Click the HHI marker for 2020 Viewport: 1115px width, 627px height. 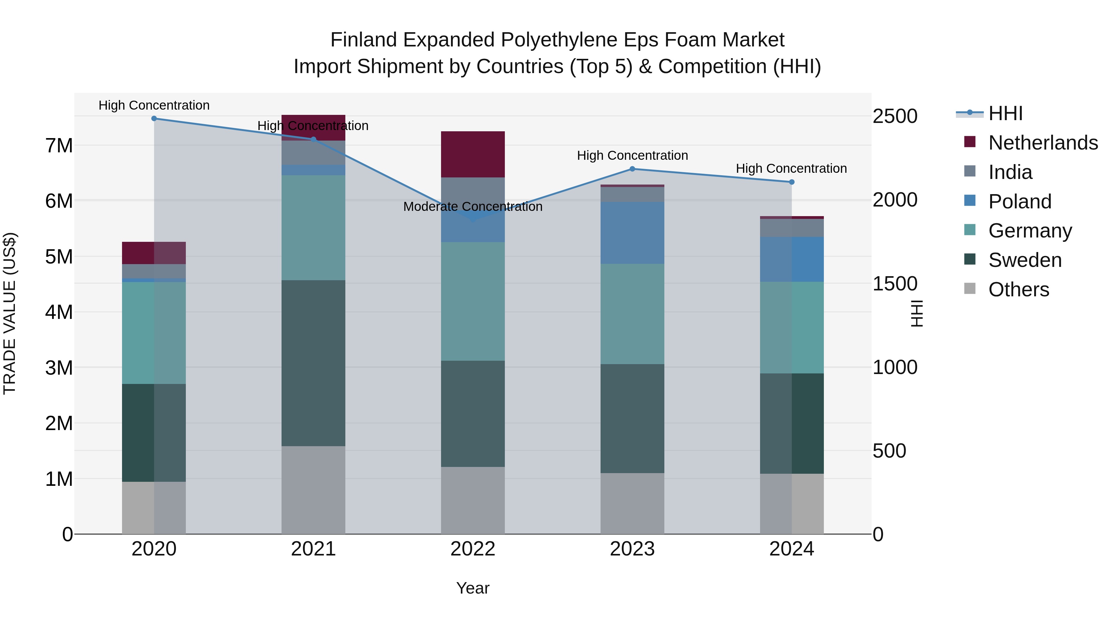coord(154,119)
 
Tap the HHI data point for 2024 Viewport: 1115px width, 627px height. coord(792,182)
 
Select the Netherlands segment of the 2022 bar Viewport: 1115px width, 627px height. coord(473,155)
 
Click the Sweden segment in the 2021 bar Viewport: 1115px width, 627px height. coord(313,363)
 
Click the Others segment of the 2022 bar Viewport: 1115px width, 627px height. coord(473,500)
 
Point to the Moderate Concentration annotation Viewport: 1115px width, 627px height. coord(473,207)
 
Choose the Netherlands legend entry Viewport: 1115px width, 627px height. coord(1043,143)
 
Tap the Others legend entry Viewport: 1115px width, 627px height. coord(1018,290)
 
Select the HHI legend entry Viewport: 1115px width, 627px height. coord(1005,113)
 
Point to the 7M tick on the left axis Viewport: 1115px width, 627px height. coord(59,146)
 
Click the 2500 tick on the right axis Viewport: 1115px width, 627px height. coord(895,116)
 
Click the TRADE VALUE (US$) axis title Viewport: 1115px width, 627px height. coord(10,313)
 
